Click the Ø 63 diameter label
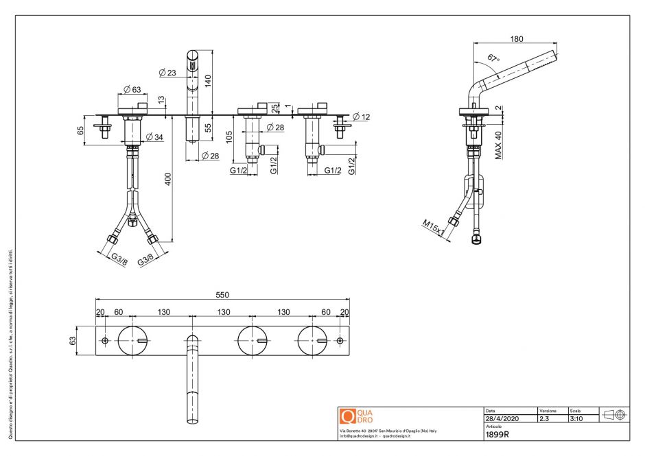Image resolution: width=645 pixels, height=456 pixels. [132, 88]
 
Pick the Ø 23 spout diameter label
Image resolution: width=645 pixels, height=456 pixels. [167, 72]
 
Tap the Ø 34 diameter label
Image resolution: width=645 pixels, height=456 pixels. [154, 138]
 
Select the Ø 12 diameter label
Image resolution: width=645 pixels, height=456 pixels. [362, 117]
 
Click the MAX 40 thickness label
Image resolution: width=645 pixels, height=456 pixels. [499, 145]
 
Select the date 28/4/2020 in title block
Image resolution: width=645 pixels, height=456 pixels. [502, 418]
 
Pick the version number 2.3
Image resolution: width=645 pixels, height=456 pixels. [544, 418]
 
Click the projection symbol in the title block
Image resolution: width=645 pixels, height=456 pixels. [614, 414]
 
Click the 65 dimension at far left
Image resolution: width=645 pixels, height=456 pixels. [80, 130]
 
